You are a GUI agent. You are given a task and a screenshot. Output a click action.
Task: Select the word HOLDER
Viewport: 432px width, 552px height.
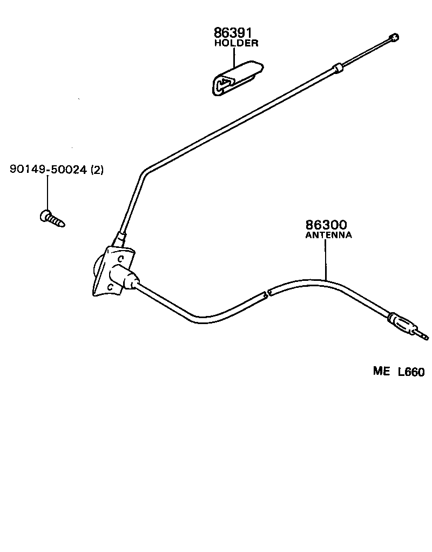coord(236,44)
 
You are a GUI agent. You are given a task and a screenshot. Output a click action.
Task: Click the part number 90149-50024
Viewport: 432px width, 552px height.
coord(48,170)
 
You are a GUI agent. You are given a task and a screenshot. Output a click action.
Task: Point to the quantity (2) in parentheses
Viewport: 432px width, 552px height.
coord(97,170)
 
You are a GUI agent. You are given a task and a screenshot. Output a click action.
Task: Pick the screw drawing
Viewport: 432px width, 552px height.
coord(52,218)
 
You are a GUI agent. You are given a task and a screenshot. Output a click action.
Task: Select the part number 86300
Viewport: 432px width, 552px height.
coord(326,225)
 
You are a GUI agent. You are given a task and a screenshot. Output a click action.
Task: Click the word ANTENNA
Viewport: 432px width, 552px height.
coord(328,235)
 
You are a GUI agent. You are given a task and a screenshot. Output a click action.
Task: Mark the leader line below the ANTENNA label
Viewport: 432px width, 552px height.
coord(326,259)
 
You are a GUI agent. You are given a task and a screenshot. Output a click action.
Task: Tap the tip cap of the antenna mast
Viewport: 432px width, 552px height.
coord(395,37)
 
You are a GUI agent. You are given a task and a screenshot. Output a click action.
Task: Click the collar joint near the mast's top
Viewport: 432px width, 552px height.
coord(337,68)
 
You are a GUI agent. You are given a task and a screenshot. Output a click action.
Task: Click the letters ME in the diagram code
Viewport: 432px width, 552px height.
coord(382,372)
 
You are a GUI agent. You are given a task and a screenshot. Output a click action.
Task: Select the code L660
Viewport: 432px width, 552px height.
coord(411,372)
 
